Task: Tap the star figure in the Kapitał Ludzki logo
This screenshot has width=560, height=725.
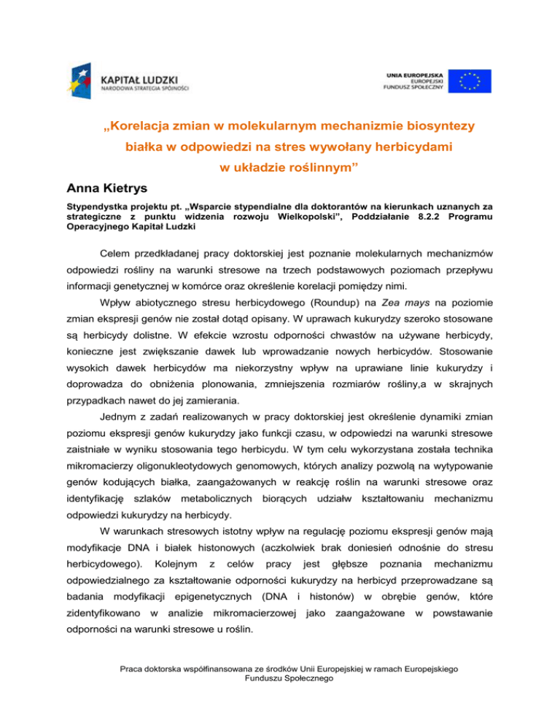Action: (82, 79)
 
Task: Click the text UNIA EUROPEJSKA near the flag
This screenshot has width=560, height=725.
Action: (412, 74)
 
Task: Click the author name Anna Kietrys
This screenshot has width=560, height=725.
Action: (96, 193)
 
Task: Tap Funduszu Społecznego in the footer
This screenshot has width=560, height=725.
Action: (280, 699)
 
